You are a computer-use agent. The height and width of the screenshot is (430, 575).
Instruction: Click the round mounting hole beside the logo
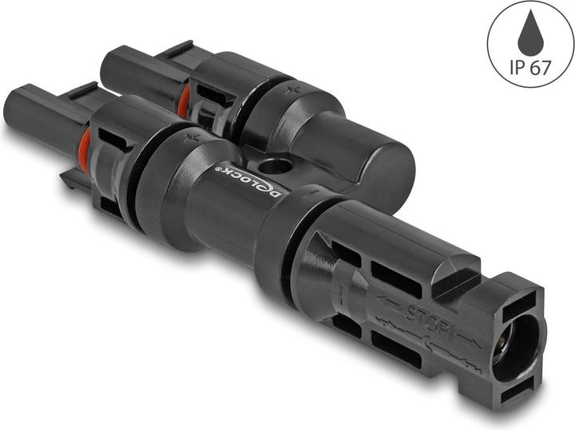[276, 168]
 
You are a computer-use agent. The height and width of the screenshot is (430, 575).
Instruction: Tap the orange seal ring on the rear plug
[184, 100]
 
